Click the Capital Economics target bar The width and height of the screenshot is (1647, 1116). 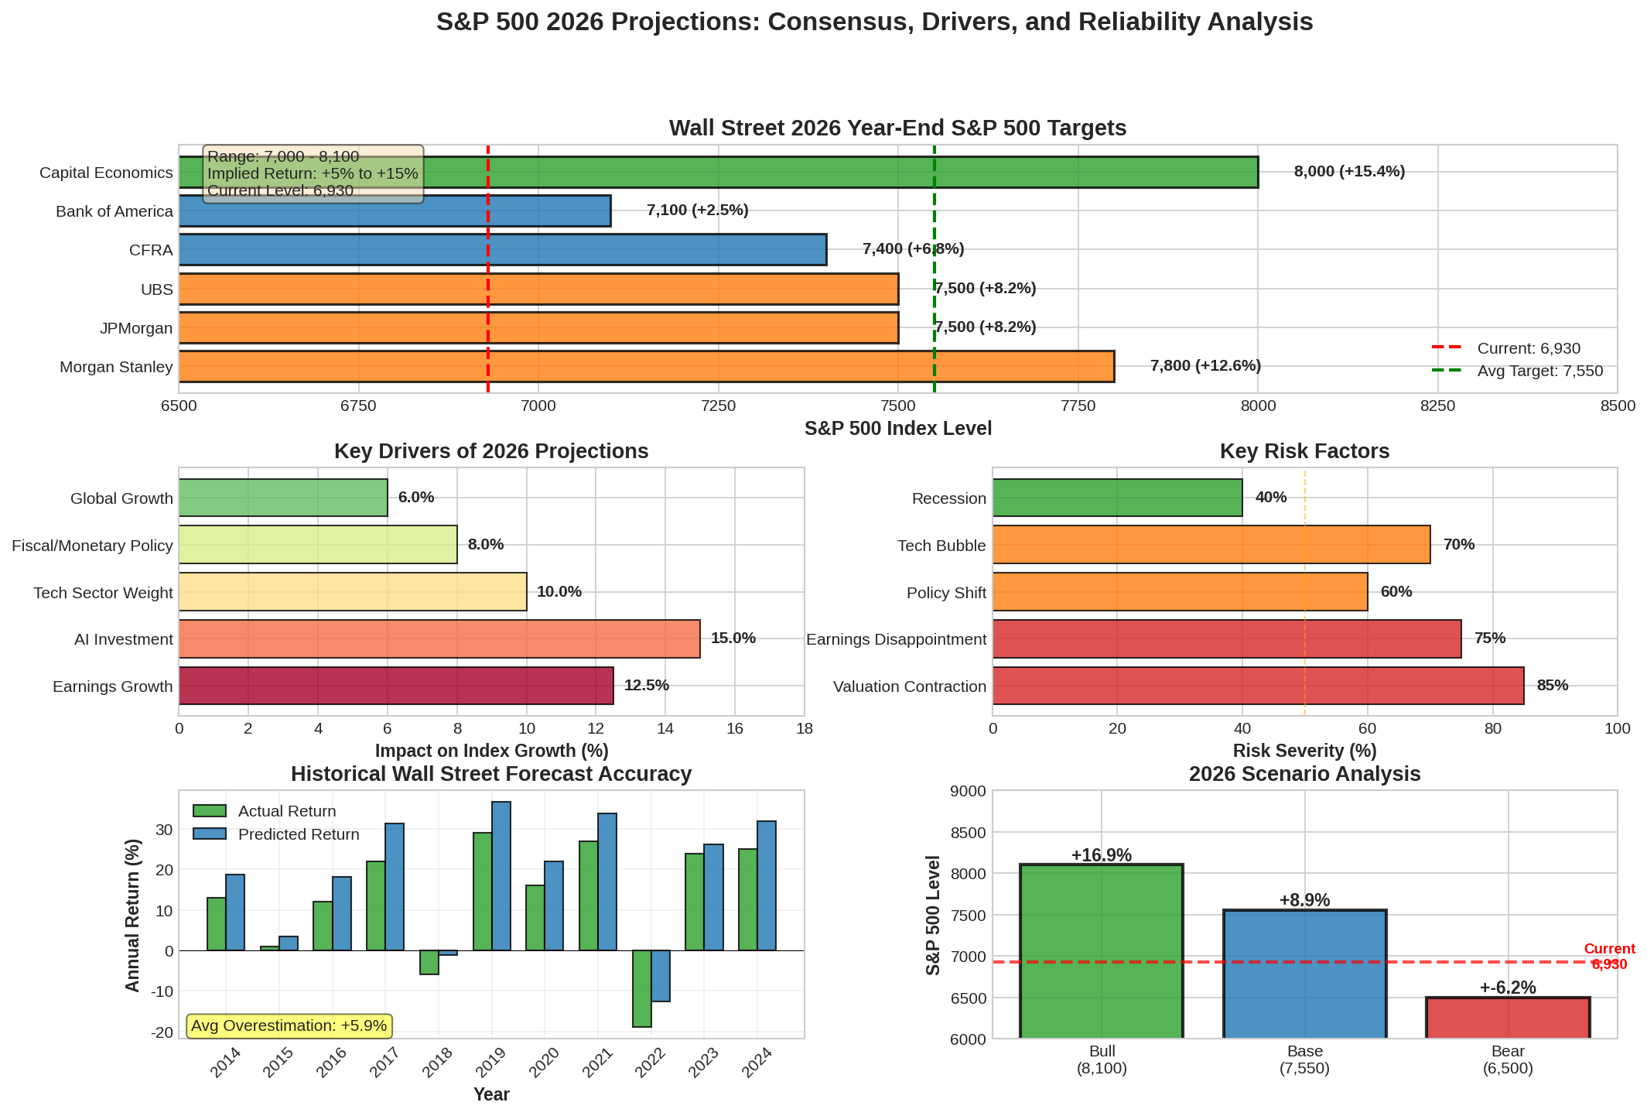click(774, 172)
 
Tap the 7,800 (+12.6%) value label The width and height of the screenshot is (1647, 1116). click(1205, 366)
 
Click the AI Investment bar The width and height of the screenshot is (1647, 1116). click(439, 639)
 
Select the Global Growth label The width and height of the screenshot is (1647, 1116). click(121, 498)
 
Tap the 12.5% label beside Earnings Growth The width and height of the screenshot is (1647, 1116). click(646, 686)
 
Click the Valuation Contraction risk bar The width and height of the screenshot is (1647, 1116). click(1258, 686)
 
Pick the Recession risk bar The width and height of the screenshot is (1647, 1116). click(1117, 498)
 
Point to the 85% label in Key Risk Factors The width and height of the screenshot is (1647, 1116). click(1552, 686)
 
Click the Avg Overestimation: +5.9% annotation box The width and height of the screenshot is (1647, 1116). click(289, 1026)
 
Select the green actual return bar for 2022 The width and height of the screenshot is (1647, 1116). click(641, 988)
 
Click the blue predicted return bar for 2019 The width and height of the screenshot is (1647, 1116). click(501, 876)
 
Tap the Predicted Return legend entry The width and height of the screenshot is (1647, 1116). click(298, 835)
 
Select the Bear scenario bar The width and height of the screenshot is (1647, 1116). click(1507, 1018)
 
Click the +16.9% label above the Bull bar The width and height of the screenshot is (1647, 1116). click(1101, 855)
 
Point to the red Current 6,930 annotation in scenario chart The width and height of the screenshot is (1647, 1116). click(1609, 957)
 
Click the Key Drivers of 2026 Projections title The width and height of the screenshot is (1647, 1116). click(491, 452)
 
